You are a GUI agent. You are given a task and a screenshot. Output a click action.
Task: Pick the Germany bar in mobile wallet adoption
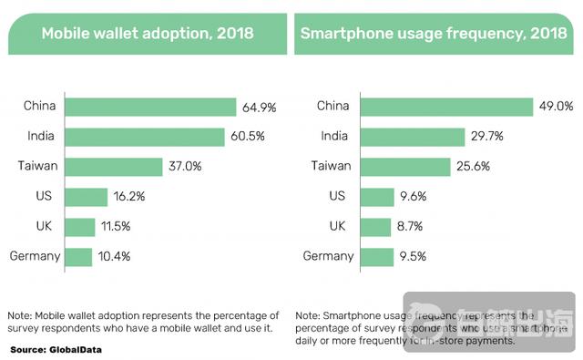coord(78,257)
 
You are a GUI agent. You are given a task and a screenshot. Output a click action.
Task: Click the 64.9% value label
coord(259,108)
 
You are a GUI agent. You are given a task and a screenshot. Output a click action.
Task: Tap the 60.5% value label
coord(246,138)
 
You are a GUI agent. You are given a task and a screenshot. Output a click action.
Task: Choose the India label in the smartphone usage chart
coord(333,137)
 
